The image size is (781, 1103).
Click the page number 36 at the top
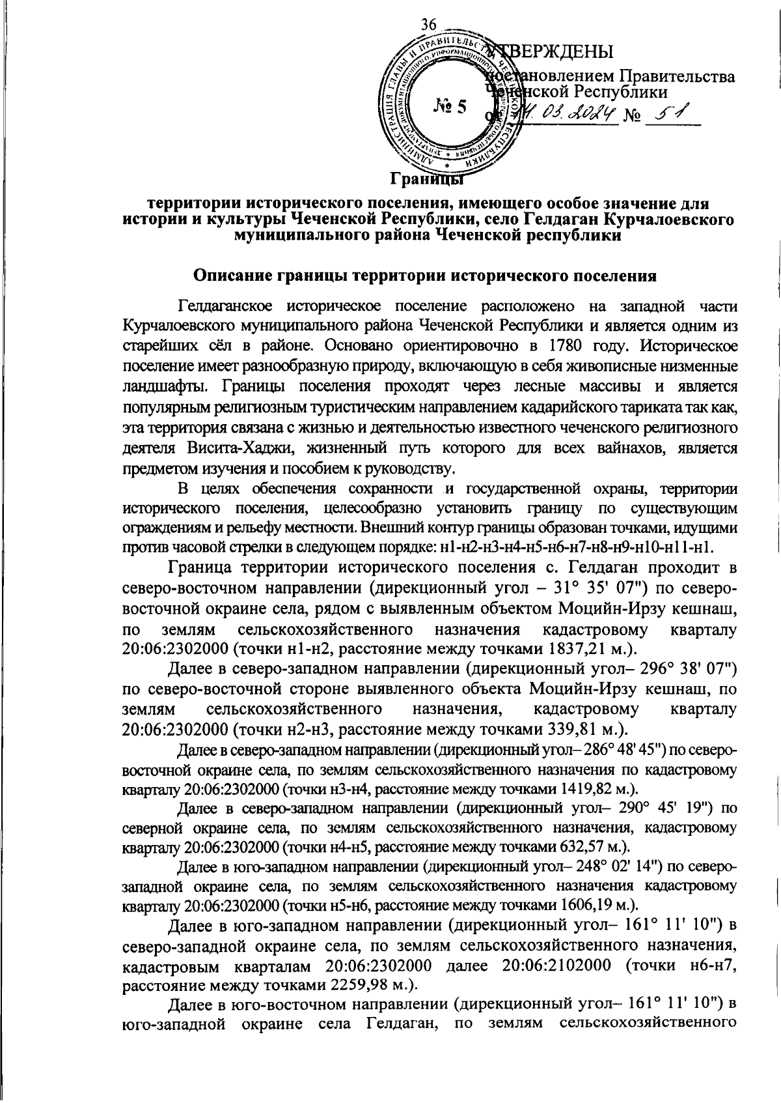pos(428,25)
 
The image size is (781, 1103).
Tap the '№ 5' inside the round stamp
pos(449,106)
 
